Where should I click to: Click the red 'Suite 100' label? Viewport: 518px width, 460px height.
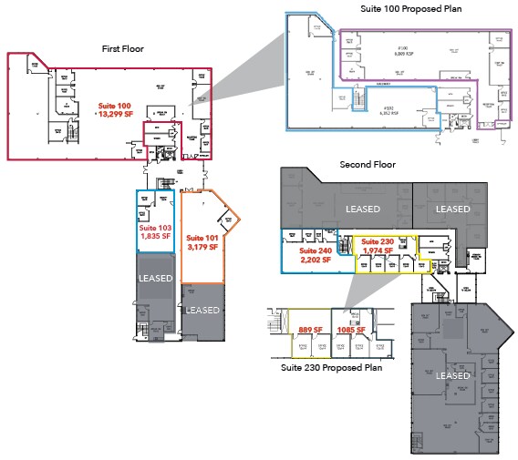coord(114,106)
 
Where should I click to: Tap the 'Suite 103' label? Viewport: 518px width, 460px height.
coord(155,227)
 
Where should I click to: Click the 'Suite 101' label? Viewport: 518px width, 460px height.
coord(202,238)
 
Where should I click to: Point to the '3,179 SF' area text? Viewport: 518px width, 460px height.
coord(202,247)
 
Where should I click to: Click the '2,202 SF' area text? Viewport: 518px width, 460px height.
coord(316,260)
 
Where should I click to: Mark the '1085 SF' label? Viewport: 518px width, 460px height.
coord(351,329)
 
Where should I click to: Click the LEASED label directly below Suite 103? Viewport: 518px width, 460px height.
coord(155,277)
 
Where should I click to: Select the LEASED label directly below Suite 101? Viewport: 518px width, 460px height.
coord(202,310)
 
